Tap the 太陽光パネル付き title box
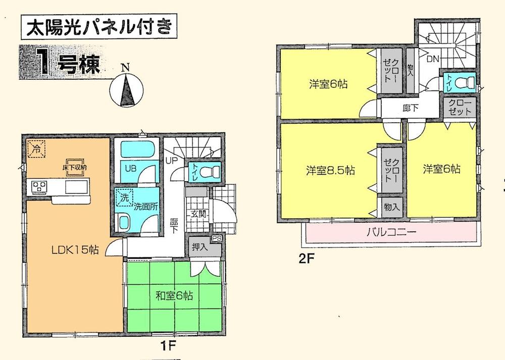pyautogui.click(x=98, y=26)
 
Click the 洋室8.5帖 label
pyautogui.click(x=330, y=170)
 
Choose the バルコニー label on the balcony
pyautogui.click(x=391, y=233)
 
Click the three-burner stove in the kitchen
pyautogui.click(x=39, y=187)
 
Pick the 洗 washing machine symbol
pyautogui.click(x=123, y=198)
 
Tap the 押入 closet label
pyautogui.click(x=200, y=248)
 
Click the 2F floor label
pyautogui.click(x=307, y=261)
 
